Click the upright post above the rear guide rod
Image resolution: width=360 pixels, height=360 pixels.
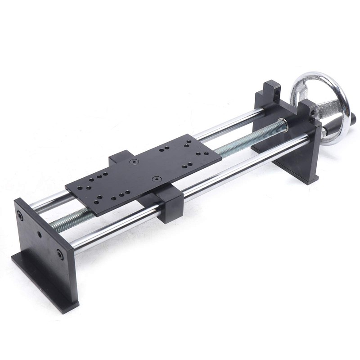(272, 90)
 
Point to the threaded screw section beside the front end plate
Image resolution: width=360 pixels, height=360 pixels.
(67, 222)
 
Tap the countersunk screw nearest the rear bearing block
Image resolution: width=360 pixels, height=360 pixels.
(134, 161)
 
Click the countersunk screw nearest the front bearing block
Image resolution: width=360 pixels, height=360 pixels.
(156, 179)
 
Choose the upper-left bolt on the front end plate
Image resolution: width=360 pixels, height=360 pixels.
(20, 215)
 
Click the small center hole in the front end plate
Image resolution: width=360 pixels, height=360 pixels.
(40, 235)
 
